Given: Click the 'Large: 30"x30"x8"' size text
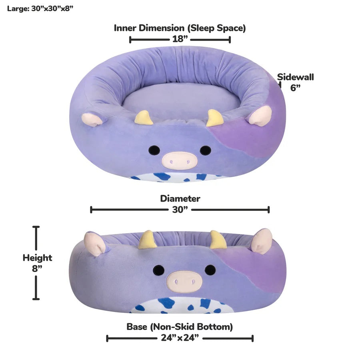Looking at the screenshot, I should (x=40, y=8).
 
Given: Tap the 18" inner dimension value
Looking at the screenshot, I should (x=180, y=39).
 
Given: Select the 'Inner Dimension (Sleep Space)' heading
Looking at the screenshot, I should (x=180, y=28).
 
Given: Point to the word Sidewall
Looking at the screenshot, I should (x=295, y=77).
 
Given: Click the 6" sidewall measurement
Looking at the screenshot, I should (x=295, y=88).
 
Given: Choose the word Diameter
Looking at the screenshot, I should (x=180, y=198).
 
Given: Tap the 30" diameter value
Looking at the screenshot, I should (x=180, y=210).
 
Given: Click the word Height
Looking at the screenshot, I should (x=37, y=258).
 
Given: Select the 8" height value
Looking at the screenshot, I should (x=37, y=268).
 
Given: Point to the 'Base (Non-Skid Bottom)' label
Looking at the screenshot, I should (x=180, y=327).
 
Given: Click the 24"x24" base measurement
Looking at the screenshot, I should (x=180, y=338).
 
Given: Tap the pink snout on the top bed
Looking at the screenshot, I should (x=180, y=160).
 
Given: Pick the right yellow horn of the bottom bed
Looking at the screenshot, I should (x=218, y=240).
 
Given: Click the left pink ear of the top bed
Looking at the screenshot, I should (x=91, y=119).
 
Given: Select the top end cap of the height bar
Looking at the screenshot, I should (x=36, y=227).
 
